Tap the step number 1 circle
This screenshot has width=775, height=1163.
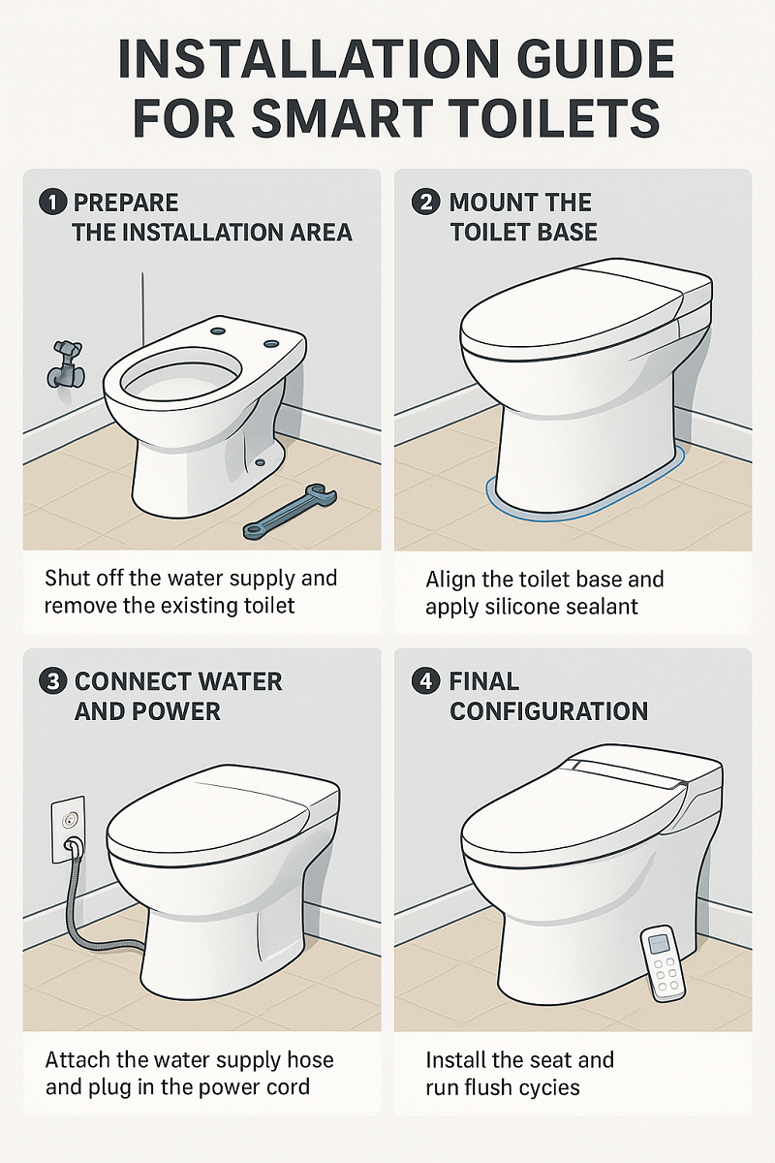pyautogui.click(x=52, y=203)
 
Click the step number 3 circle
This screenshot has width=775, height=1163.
pyautogui.click(x=52, y=681)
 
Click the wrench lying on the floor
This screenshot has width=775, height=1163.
pyautogui.click(x=290, y=511)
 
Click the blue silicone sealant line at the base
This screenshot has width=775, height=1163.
pyautogui.click(x=581, y=502)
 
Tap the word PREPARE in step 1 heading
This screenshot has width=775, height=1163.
pyautogui.click(x=126, y=203)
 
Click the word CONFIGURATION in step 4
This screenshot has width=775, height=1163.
pyautogui.click(x=548, y=711)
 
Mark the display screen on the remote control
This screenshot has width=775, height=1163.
pyautogui.click(x=661, y=939)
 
